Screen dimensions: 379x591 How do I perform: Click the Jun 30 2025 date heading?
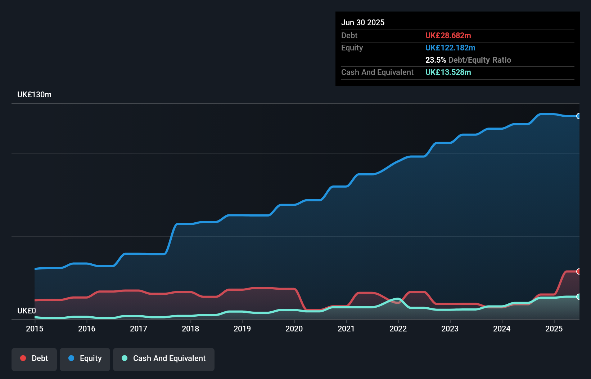pyautogui.click(x=363, y=22)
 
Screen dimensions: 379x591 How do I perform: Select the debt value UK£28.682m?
pyautogui.click(x=448, y=35)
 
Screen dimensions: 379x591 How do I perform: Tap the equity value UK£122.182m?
pyautogui.click(x=450, y=48)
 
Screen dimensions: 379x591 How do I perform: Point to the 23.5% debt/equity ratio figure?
pyautogui.click(x=436, y=60)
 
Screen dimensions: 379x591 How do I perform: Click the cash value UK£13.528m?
pyautogui.click(x=448, y=72)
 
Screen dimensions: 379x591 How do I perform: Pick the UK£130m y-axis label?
pyautogui.click(x=34, y=94)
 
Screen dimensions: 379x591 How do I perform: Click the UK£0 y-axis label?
pyautogui.click(x=27, y=311)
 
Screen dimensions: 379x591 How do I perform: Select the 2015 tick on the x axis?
pyautogui.click(x=35, y=329)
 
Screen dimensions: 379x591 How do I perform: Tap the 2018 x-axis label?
pyautogui.click(x=190, y=329)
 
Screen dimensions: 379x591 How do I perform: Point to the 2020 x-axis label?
pyautogui.click(x=294, y=329)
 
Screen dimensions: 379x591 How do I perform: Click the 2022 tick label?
pyautogui.click(x=398, y=329)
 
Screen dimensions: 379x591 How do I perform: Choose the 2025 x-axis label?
pyautogui.click(x=554, y=329)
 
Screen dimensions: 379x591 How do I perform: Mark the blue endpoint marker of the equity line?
pyautogui.click(x=578, y=116)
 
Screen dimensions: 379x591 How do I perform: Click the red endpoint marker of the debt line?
pyautogui.click(x=578, y=271)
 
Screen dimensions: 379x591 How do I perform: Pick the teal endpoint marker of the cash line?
pyautogui.click(x=578, y=296)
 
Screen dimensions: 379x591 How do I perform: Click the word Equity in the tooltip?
pyautogui.click(x=352, y=48)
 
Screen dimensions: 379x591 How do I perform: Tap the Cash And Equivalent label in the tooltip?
pyautogui.click(x=377, y=72)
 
